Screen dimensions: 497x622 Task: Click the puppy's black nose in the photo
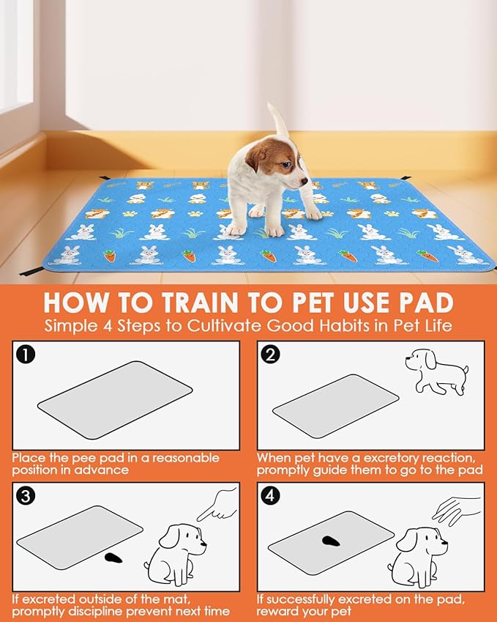tap(304, 180)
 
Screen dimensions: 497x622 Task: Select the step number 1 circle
tap(26, 355)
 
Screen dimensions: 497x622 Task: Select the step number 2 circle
tap(270, 355)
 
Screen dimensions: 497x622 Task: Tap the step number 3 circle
tap(26, 496)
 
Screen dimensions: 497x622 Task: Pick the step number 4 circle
tap(270, 496)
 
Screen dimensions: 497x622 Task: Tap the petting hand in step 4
tap(456, 511)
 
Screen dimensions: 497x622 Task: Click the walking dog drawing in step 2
tap(436, 371)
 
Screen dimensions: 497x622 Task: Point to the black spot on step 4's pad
tap(331, 541)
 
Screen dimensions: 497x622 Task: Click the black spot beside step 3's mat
tap(113, 558)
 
